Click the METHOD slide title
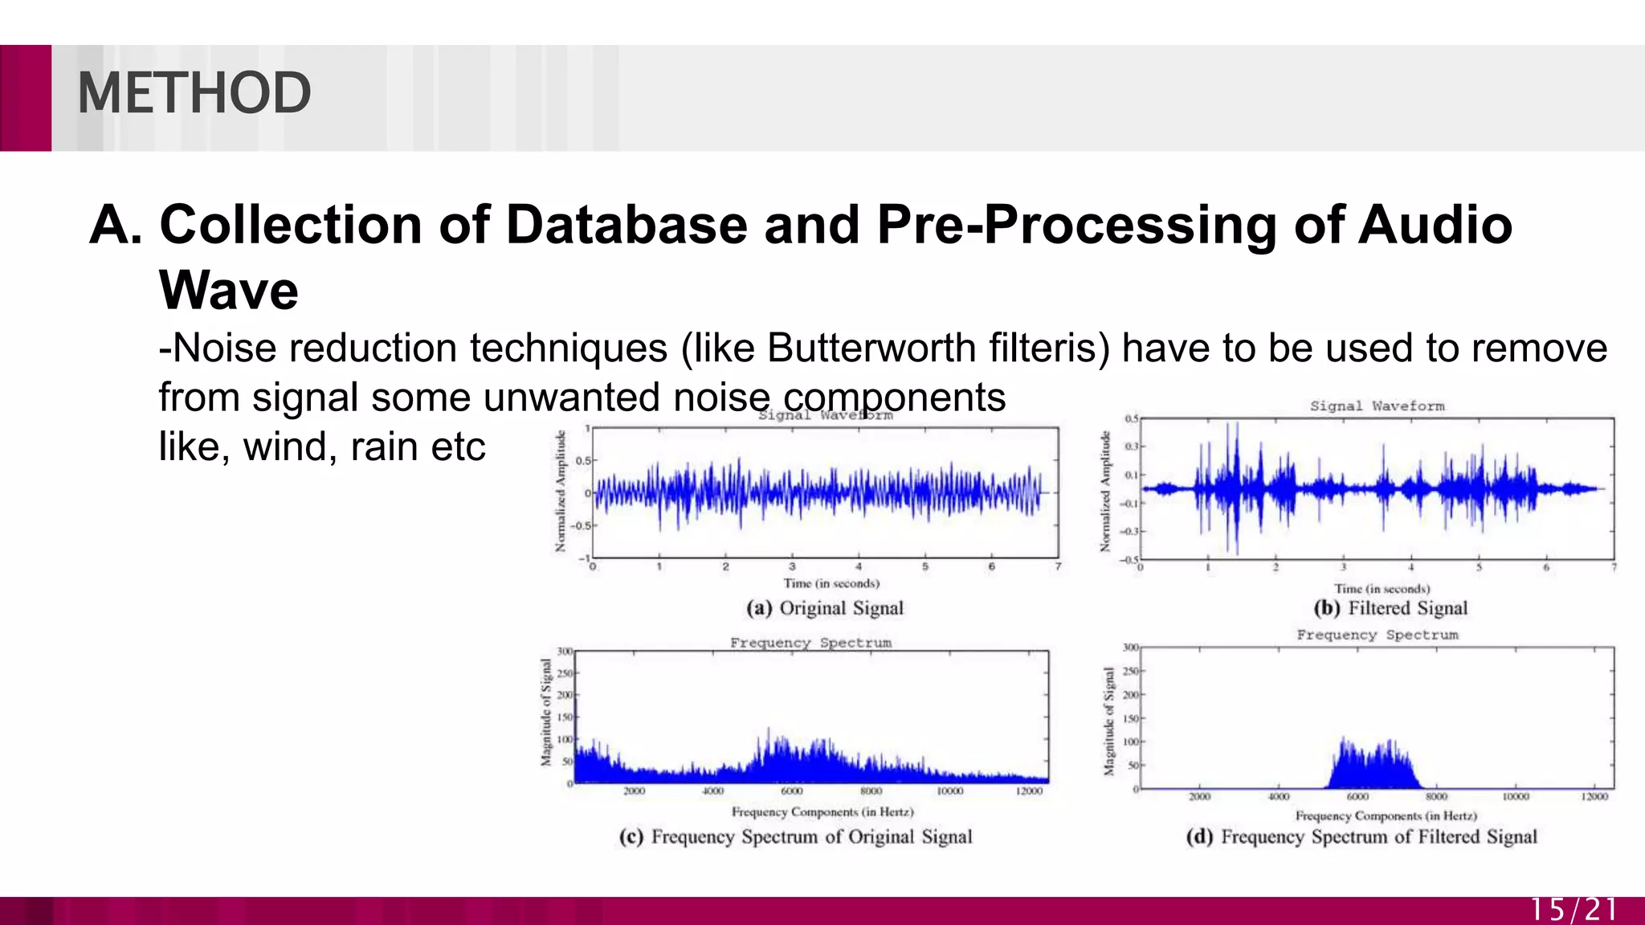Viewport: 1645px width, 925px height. (194, 93)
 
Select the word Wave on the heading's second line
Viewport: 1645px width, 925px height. (229, 290)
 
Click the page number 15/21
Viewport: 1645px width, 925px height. (1573, 910)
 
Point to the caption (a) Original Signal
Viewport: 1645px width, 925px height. (825, 608)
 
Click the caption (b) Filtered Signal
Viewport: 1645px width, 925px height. (1390, 608)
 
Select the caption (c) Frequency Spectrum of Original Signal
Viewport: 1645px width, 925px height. (795, 837)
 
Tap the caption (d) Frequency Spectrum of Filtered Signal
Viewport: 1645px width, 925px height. (1361, 837)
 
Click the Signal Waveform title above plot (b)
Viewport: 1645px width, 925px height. (1377, 406)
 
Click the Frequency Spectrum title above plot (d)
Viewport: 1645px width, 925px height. (1377, 635)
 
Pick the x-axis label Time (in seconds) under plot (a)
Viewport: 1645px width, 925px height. (831, 584)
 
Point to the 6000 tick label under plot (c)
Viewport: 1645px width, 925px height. (791, 792)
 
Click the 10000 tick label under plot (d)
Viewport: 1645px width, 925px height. (1515, 797)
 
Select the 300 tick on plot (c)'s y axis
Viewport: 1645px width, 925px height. (565, 651)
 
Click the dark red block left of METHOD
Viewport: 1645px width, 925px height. (25, 98)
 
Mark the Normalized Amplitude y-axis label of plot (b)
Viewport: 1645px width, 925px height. (1105, 491)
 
